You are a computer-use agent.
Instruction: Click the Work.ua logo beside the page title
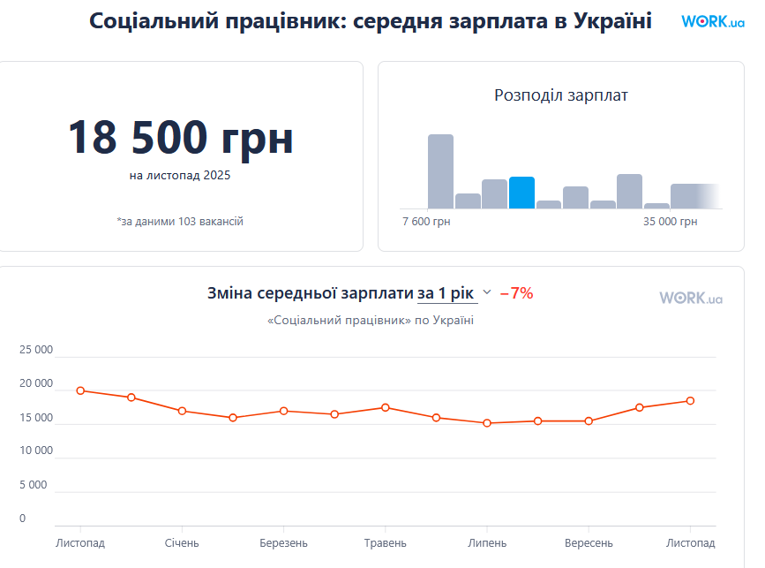(712, 21)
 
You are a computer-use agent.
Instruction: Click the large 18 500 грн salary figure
(181, 137)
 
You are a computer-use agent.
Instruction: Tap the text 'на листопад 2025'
(180, 176)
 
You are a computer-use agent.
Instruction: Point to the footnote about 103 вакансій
(180, 222)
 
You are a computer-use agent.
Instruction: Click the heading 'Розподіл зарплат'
(560, 95)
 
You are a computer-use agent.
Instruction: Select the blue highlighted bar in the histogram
(521, 193)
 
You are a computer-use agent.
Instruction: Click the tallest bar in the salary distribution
(440, 171)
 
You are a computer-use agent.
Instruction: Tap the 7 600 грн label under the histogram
(426, 222)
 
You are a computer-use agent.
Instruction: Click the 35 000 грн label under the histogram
(670, 222)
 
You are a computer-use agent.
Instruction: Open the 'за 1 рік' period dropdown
(454, 293)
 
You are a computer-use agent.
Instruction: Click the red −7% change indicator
(516, 293)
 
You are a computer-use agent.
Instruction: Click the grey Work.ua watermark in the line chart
(691, 299)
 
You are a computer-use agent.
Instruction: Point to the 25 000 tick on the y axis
(36, 350)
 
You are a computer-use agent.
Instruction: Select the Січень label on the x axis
(182, 542)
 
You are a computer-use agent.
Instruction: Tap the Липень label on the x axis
(487, 542)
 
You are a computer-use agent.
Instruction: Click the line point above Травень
(386, 407)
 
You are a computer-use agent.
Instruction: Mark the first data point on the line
(80, 390)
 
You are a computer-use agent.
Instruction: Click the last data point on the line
(690, 400)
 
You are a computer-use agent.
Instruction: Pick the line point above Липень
(487, 423)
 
